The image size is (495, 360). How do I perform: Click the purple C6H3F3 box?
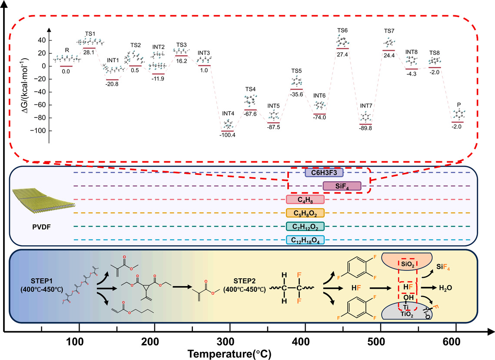tap(324, 173)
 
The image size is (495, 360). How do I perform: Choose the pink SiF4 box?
tap(342, 186)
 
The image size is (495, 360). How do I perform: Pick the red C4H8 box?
tap(305, 200)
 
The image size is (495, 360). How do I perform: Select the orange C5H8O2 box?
tap(305, 213)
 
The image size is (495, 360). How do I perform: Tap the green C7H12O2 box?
tap(305, 227)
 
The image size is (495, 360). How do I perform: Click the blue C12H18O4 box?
tap(305, 240)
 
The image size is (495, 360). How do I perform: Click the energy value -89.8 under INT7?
tap(365, 128)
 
